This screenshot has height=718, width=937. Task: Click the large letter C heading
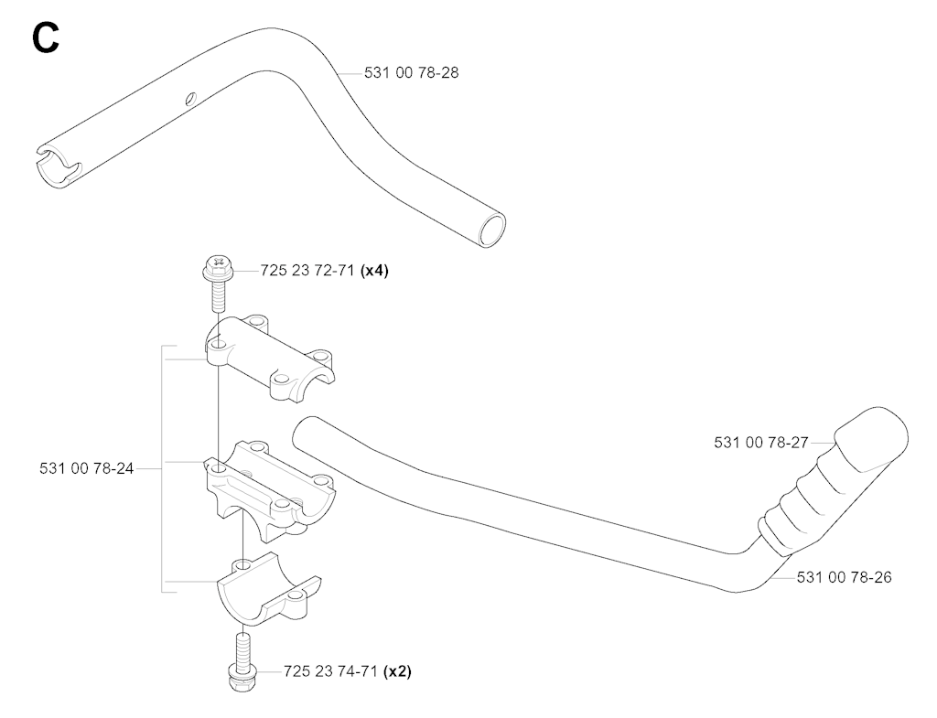46,38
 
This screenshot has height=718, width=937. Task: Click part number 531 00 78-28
411,73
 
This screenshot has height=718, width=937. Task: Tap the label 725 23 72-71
309,271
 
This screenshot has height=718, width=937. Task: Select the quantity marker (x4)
375,271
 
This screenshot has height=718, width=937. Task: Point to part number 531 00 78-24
87,469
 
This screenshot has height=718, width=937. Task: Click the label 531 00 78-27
760,443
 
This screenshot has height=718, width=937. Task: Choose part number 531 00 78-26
844,577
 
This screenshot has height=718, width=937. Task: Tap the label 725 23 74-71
331,671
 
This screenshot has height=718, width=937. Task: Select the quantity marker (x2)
397,671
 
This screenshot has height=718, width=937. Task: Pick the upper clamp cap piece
270,358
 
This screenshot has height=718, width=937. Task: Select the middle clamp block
271,484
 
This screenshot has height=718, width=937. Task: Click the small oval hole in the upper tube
190,98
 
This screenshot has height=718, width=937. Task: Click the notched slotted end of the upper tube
56,164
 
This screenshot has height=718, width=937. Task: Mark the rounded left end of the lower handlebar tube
302,433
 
